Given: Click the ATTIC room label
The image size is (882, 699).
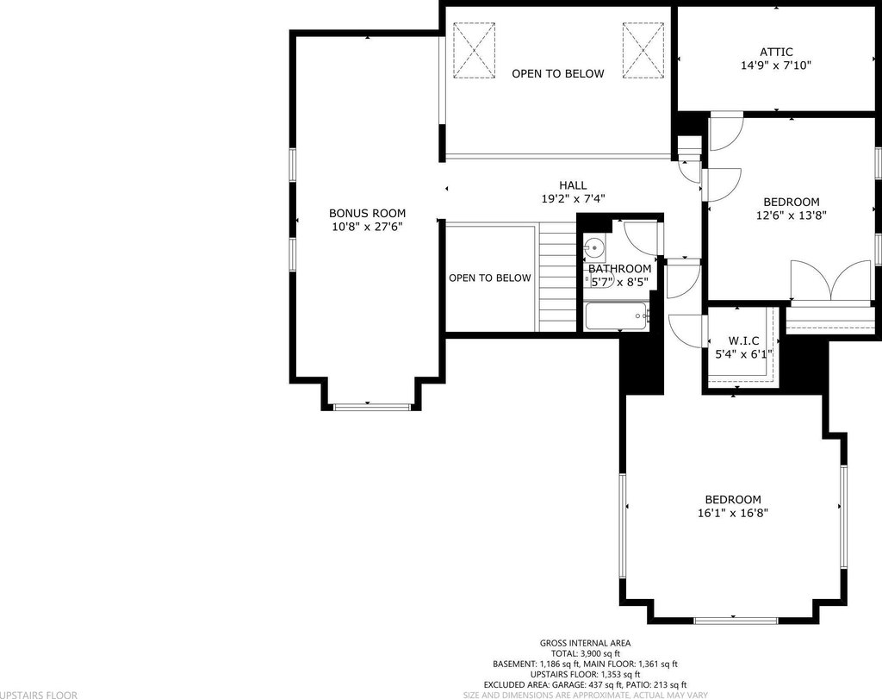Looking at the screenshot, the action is (776, 52).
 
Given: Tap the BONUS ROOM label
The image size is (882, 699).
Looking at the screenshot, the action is (367, 213).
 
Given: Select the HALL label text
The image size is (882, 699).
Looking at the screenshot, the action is (573, 185).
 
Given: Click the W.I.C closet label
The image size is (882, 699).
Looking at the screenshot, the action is (743, 341).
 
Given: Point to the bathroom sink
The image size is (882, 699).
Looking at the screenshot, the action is (593, 247).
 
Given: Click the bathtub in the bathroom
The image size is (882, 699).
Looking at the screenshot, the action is (617, 317).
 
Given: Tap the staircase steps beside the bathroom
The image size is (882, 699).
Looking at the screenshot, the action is (558, 277).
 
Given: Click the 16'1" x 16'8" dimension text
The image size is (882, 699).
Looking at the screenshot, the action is (733, 514).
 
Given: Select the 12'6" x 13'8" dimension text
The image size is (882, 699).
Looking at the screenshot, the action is (791, 215).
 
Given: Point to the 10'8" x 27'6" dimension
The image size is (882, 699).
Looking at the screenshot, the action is (367, 227).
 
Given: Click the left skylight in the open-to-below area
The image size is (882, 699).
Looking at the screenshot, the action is (475, 50).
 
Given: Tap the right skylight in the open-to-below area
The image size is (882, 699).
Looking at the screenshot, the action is (643, 50).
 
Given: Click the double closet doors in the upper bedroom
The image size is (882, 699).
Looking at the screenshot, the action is (831, 281).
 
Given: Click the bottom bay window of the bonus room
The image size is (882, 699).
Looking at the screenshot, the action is (372, 406).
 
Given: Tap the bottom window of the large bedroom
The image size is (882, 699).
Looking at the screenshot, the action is (736, 621).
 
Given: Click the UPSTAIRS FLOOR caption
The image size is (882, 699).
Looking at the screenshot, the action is (39, 695).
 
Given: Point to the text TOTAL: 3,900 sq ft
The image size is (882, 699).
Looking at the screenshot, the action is (585, 653).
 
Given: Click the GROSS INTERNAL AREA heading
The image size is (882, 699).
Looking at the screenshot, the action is (585, 643).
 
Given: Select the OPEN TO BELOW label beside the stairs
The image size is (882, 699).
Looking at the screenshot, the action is (490, 278).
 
